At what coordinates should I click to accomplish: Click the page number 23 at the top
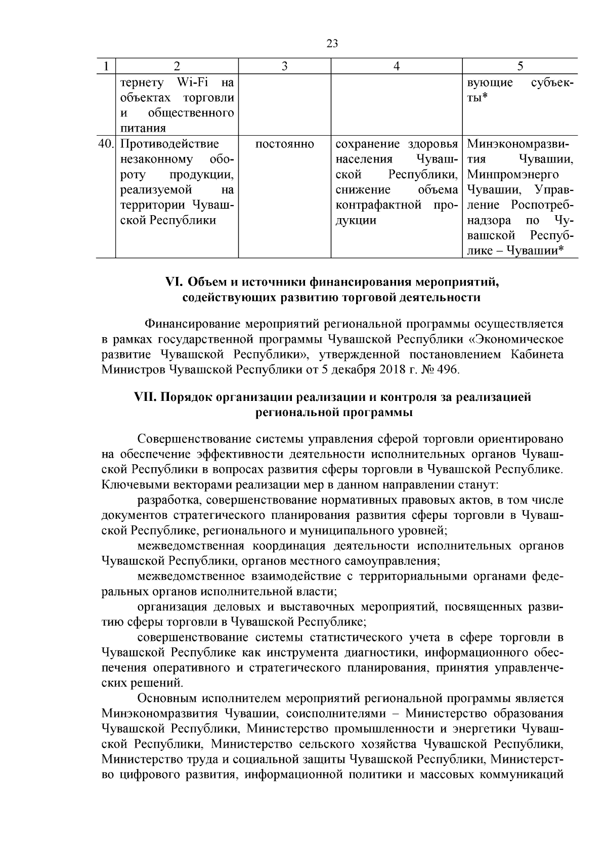(x=332, y=44)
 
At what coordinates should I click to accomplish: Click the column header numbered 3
(x=284, y=66)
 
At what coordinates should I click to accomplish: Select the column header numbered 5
(x=520, y=66)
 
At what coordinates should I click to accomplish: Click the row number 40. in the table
(x=106, y=144)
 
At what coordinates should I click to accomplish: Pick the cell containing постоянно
(x=284, y=144)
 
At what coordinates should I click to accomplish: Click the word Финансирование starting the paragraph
(x=193, y=323)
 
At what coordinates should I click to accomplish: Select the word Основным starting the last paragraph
(x=166, y=699)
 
